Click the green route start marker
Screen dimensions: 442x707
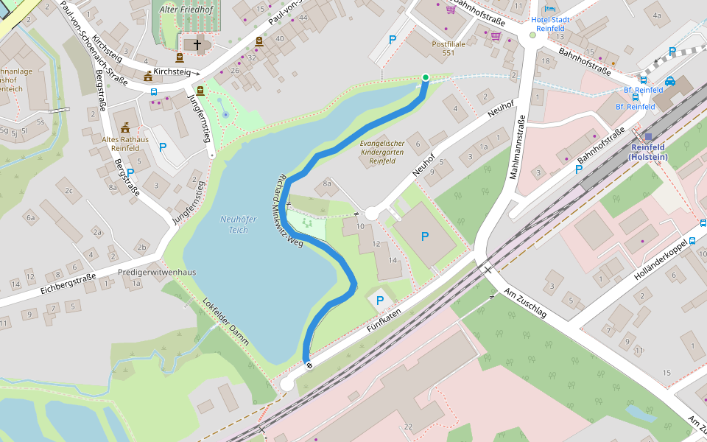(x=425, y=77)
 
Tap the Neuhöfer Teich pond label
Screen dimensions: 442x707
(x=234, y=224)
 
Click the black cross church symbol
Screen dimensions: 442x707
(x=197, y=45)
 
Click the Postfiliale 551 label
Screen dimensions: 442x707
(x=448, y=49)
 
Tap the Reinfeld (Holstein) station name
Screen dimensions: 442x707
(x=647, y=152)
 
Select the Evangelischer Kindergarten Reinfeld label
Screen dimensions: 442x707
(x=382, y=152)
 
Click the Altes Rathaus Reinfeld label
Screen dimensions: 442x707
(x=125, y=143)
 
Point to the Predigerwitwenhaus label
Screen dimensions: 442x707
(x=157, y=272)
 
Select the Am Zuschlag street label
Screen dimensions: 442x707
(x=525, y=303)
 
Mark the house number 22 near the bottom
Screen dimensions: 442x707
(x=408, y=427)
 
